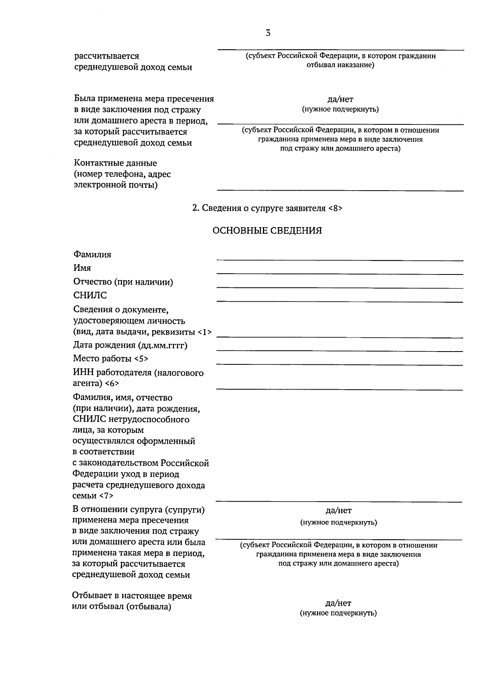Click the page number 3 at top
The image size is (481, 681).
click(268, 33)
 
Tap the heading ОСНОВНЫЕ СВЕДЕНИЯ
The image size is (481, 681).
click(267, 231)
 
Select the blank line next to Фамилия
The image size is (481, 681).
click(340, 260)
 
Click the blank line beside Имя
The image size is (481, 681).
click(340, 274)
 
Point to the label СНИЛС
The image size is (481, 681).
click(90, 295)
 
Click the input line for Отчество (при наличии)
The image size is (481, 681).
click(340, 287)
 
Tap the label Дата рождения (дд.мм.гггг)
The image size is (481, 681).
click(130, 345)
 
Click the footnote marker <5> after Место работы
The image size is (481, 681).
click(141, 358)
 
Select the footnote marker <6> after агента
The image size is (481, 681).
click(112, 384)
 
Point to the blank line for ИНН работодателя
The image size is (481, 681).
click(340, 389)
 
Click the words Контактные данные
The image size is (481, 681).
click(115, 163)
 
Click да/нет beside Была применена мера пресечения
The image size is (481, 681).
click(340, 99)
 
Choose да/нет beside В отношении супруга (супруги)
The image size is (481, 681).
click(339, 510)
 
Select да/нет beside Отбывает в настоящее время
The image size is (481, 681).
click(339, 603)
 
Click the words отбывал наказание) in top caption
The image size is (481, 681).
click(340, 65)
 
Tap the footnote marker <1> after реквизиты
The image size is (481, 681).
click(204, 332)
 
